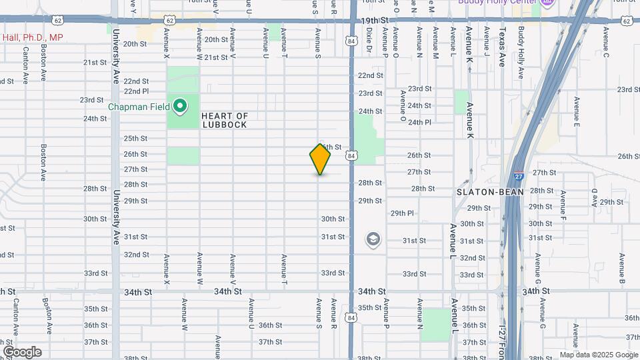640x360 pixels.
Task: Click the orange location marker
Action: pyautogui.click(x=320, y=159)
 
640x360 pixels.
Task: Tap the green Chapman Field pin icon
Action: pyautogui.click(x=179, y=105)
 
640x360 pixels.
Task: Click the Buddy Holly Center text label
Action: pyautogui.click(x=497, y=2)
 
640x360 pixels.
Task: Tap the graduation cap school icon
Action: pyautogui.click(x=373, y=239)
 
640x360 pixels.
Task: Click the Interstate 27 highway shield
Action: pyautogui.click(x=519, y=176)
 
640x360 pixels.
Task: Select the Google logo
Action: pyautogui.click(x=22, y=351)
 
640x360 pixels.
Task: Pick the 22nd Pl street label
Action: pyautogui.click(x=136, y=91)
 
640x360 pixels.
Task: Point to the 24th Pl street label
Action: pyautogui.click(x=420, y=123)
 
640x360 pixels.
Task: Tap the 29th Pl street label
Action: pyautogui.click(x=402, y=213)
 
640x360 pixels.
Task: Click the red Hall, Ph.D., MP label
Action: pyautogui.click(x=33, y=37)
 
